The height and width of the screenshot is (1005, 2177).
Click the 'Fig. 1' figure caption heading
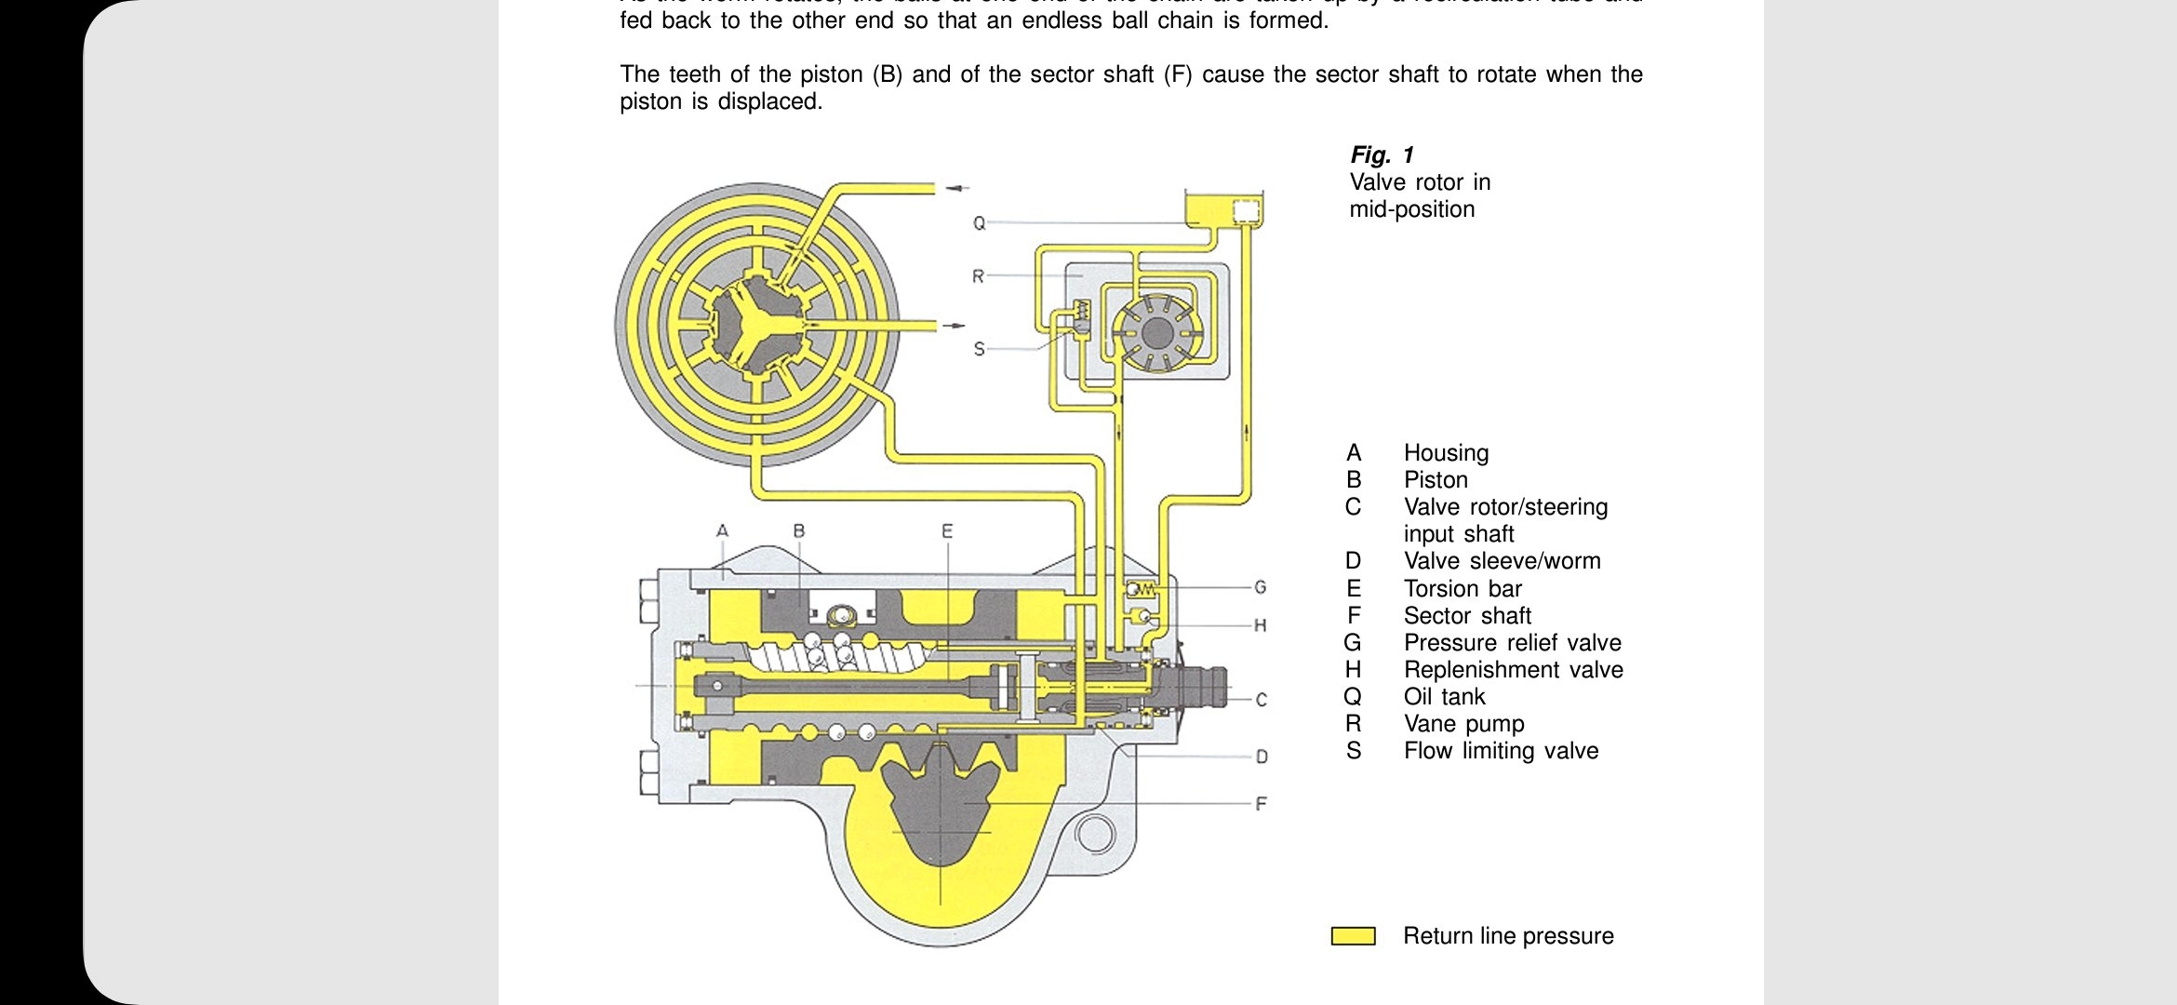(1382, 154)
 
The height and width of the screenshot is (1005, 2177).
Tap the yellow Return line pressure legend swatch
(1353, 936)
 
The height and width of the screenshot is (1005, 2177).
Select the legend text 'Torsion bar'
(1462, 589)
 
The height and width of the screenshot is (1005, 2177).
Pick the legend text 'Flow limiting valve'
(1501, 751)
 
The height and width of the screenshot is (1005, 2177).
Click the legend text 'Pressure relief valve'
(1512, 643)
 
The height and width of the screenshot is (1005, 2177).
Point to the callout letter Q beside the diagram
(979, 223)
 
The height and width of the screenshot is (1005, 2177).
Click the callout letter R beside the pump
(978, 276)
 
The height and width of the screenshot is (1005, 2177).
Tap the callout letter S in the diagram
(979, 349)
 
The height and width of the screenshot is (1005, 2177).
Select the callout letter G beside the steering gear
(1260, 587)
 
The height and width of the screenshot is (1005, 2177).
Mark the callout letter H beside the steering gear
(1260, 625)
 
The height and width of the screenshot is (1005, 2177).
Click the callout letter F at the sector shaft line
(1261, 803)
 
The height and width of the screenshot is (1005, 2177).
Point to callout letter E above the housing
(947, 531)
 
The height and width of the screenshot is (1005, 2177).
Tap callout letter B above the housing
(798, 531)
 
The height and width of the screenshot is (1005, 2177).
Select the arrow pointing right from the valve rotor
(955, 326)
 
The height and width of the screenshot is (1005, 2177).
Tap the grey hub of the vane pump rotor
(1156, 332)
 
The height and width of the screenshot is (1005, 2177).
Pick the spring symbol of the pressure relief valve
(1142, 589)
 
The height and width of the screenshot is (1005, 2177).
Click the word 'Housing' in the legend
(1446, 453)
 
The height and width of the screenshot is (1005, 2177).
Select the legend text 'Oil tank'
(1444, 697)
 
